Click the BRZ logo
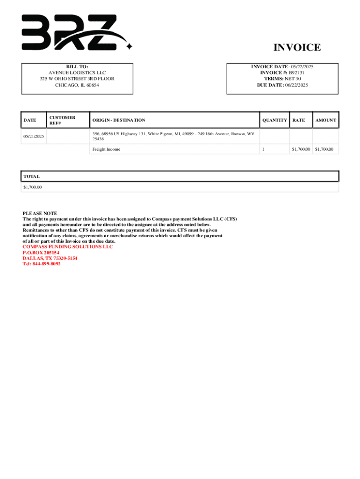click(x=75, y=32)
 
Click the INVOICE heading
click(x=297, y=47)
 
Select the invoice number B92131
click(x=296, y=73)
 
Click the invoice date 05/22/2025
click(x=302, y=67)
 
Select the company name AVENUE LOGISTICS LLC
click(x=77, y=73)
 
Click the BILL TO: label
click(x=77, y=67)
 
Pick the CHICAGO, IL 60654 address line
click(x=77, y=85)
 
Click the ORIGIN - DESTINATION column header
click(x=119, y=120)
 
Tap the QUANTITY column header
click(x=274, y=120)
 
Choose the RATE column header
click(x=298, y=120)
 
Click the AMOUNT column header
click(x=325, y=120)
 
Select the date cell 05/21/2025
click(x=33, y=136)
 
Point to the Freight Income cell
click(x=106, y=149)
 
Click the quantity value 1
click(x=263, y=149)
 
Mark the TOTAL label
click(x=32, y=176)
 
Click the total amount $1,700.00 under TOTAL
click(x=33, y=187)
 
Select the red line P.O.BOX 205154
click(x=41, y=253)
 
